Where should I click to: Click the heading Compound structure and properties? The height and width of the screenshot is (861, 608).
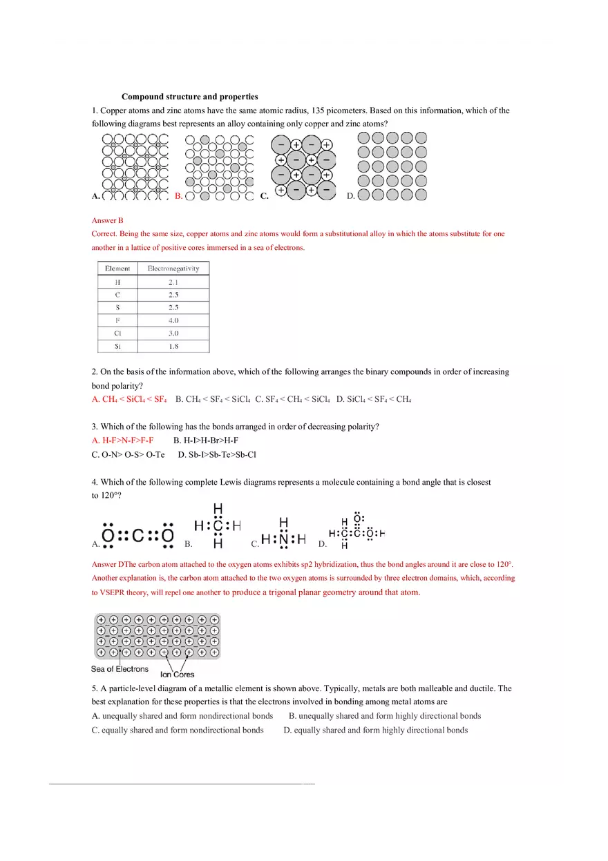pyautogui.click(x=189, y=97)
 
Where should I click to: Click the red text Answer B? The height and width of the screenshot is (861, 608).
pyautogui.click(x=107, y=220)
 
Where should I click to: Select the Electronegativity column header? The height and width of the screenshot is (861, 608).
pyautogui.click(x=173, y=269)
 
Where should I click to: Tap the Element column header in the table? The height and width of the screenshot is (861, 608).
pyautogui.click(x=117, y=269)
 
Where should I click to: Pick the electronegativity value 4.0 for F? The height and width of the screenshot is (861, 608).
pyautogui.click(x=173, y=320)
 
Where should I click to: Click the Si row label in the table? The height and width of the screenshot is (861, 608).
pyautogui.click(x=117, y=347)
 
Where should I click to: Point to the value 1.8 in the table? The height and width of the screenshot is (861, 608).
pyautogui.click(x=173, y=347)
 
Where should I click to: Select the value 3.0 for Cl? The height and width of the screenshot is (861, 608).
pyautogui.click(x=173, y=333)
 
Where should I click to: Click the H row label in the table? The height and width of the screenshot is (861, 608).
pyautogui.click(x=117, y=282)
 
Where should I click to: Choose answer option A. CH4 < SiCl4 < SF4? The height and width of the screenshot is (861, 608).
pyautogui.click(x=129, y=399)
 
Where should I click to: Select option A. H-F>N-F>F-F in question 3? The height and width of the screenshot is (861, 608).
pyautogui.click(x=122, y=440)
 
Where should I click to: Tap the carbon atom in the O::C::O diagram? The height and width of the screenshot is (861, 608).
pyautogui.click(x=137, y=536)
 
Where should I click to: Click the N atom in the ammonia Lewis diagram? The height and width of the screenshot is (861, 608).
pyautogui.click(x=283, y=539)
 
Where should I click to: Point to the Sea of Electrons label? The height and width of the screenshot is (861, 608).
pyautogui.click(x=120, y=669)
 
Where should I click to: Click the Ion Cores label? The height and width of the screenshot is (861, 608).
pyautogui.click(x=178, y=675)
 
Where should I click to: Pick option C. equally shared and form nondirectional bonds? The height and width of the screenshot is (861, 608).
pyautogui.click(x=178, y=730)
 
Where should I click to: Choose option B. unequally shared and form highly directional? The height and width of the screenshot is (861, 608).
pyautogui.click(x=385, y=716)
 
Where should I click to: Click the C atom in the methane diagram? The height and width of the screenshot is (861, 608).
pyautogui.click(x=218, y=526)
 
